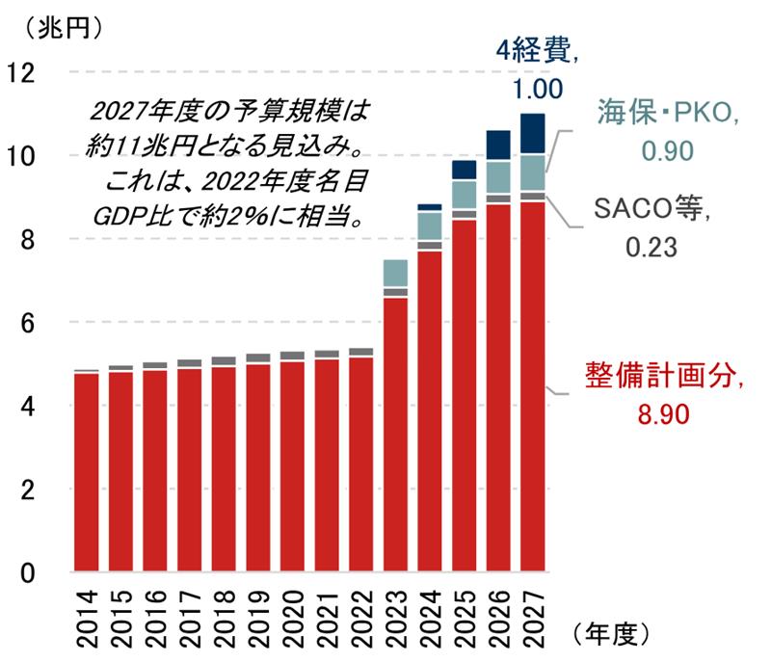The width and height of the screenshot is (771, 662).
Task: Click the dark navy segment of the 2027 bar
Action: coord(533,134)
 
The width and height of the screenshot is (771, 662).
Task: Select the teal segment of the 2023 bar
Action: coord(395,273)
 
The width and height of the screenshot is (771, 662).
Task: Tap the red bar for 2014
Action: coord(87,471)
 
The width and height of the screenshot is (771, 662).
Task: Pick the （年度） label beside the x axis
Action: coord(617,633)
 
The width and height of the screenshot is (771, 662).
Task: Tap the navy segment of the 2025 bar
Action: coord(464,170)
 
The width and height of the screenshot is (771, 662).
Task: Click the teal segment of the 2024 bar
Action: coord(430,225)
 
